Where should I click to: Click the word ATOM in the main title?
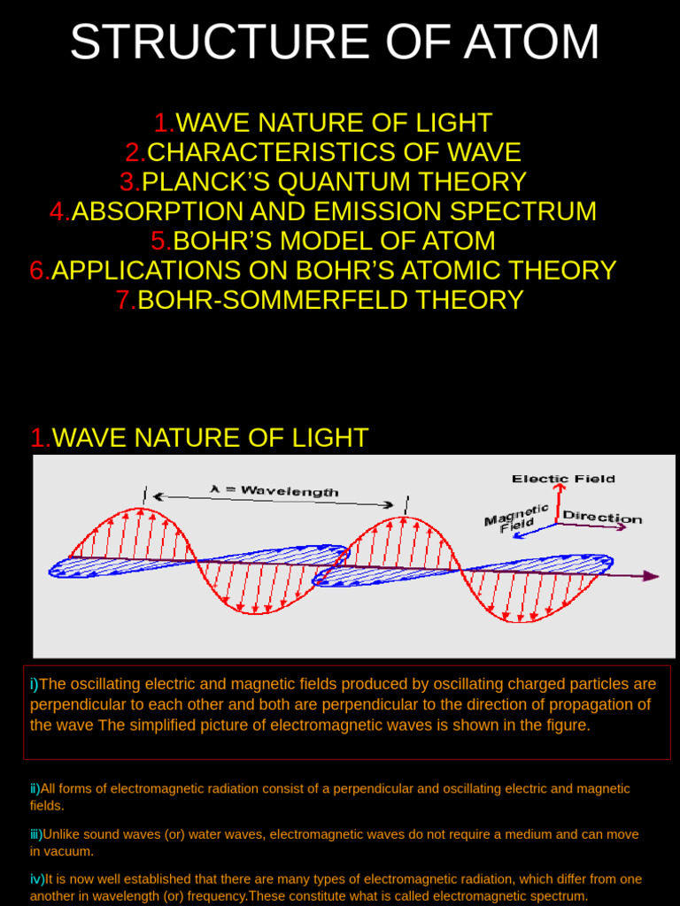coord(531,42)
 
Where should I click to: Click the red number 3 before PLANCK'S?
coord(127,182)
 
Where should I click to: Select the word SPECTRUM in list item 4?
coord(522,211)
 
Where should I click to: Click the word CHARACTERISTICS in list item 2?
coord(271,152)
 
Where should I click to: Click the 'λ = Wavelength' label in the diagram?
coord(274,491)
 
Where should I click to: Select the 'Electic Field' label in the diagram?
coord(563,479)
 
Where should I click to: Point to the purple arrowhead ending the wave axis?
coord(651,576)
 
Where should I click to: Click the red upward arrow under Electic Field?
coord(558,503)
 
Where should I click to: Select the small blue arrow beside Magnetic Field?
coord(535,530)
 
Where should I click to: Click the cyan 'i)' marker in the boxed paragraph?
coord(35,684)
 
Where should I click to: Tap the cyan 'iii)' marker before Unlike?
coord(36,834)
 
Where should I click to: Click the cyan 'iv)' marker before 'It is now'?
coord(37,879)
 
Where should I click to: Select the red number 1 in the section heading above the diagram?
coord(40,437)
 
